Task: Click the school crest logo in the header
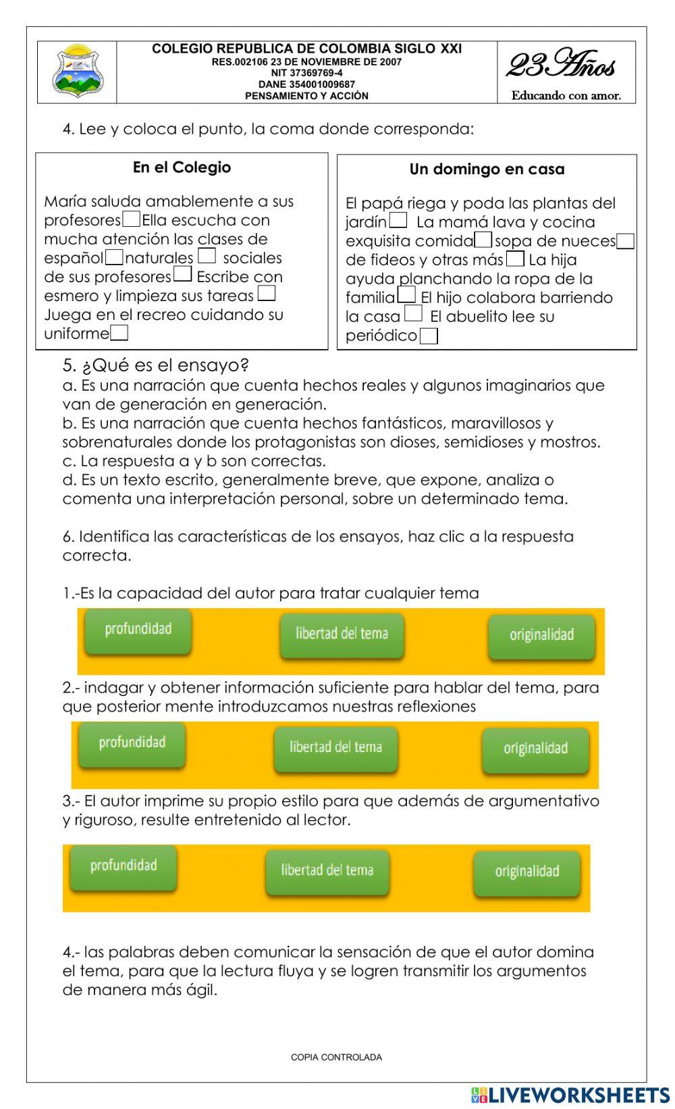click(x=78, y=72)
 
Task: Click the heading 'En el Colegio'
click(x=182, y=167)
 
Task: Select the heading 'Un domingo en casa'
click(x=487, y=169)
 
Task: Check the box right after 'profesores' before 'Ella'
click(x=132, y=219)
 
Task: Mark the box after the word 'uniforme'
click(x=119, y=333)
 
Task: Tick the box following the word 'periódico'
click(x=429, y=335)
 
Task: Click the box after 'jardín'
click(x=398, y=220)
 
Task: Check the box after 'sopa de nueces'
click(x=626, y=241)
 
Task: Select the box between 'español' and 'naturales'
click(x=115, y=257)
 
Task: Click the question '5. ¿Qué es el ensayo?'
click(x=156, y=365)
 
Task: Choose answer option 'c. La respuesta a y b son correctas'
click(x=194, y=461)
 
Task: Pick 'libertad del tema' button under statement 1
click(x=342, y=634)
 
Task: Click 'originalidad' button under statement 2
click(x=535, y=748)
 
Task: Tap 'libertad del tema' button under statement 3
click(x=327, y=870)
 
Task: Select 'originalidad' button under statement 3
click(x=526, y=871)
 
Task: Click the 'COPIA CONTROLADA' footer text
click(x=336, y=1057)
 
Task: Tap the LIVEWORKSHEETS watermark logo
click(x=570, y=1095)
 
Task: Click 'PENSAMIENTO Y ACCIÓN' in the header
click(x=306, y=96)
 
